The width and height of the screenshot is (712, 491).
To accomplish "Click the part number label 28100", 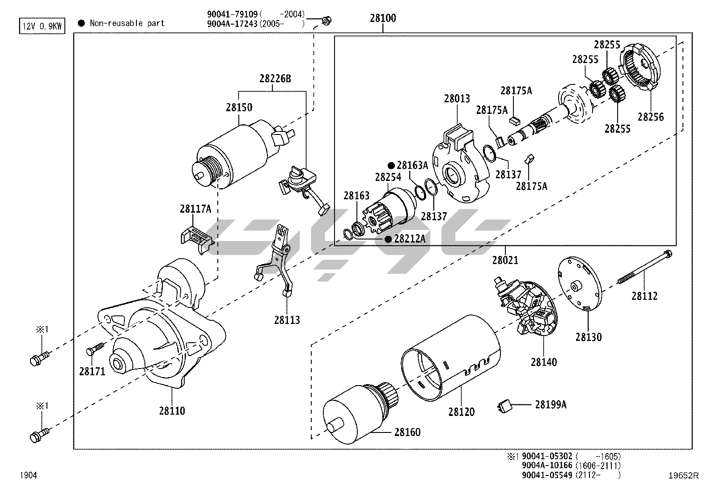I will (x=383, y=19).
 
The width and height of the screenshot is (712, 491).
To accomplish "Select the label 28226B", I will (x=275, y=79).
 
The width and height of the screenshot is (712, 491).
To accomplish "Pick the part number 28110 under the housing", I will (x=172, y=411).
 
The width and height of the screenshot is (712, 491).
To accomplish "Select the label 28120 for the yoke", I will (x=462, y=411).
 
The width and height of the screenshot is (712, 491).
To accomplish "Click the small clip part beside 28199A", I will (x=504, y=406).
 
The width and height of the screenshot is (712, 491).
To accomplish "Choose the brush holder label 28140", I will (x=544, y=361).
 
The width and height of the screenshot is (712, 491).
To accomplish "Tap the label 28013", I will (x=457, y=98).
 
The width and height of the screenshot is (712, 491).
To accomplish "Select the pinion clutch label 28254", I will (x=388, y=177).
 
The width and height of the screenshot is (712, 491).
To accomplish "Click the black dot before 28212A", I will (x=389, y=239).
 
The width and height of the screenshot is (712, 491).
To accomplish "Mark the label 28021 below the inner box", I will (x=505, y=260).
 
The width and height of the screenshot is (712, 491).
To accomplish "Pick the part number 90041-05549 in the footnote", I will (x=547, y=475).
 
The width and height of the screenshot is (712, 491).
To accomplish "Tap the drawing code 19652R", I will (x=683, y=475).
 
